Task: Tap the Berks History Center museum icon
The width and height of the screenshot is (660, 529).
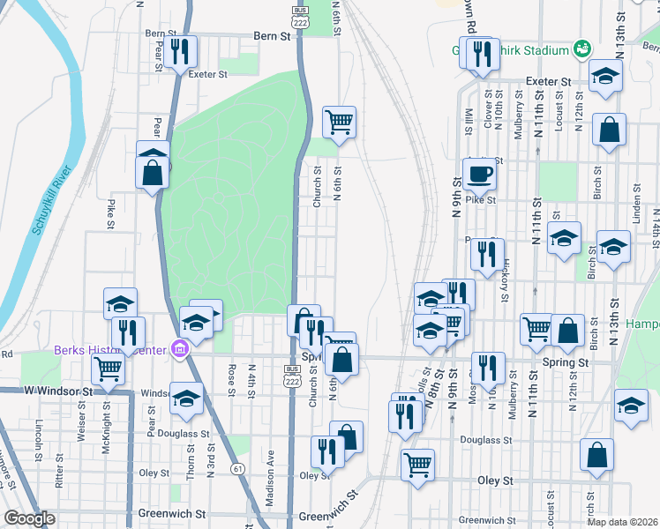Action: pyautogui.click(x=181, y=350)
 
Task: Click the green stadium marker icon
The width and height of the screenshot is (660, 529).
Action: pyautogui.click(x=581, y=50)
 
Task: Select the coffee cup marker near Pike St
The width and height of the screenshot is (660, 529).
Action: pyautogui.click(x=479, y=174)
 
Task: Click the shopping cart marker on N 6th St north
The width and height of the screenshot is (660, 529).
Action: pyautogui.click(x=339, y=122)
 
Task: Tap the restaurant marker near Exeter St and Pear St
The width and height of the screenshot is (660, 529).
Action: pyautogui.click(x=180, y=51)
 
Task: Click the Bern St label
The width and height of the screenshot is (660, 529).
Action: pyautogui.click(x=272, y=37)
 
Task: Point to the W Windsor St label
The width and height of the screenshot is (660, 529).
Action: pyautogui.click(x=58, y=390)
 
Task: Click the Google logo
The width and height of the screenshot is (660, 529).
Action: pyautogui.click(x=29, y=518)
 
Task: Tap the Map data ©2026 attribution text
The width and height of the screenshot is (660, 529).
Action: pyautogui.click(x=623, y=522)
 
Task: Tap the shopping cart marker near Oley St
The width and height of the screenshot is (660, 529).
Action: pyautogui.click(x=417, y=464)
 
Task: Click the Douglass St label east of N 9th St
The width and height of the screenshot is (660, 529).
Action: pyautogui.click(x=486, y=440)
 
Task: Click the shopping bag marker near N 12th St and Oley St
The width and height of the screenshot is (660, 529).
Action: pyautogui.click(x=597, y=455)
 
